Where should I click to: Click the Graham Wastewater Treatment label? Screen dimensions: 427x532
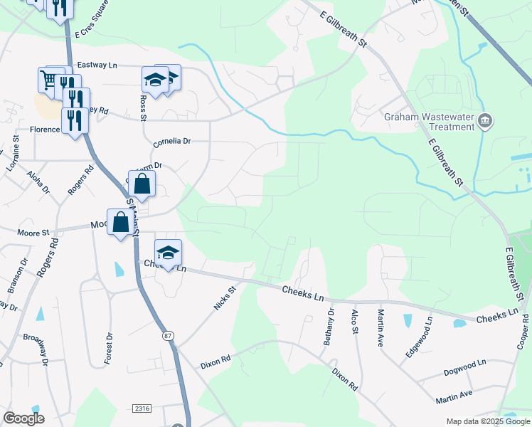click(x=429, y=122)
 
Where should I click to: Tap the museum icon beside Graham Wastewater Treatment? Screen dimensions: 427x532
click(x=486, y=121)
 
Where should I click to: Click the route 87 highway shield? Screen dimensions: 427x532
click(x=168, y=335)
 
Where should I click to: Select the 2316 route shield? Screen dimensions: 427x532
click(x=142, y=408)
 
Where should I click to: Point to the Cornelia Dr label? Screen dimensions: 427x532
click(x=172, y=142)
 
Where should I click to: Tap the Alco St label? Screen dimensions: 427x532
click(x=354, y=321)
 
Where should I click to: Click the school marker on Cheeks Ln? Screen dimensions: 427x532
click(x=168, y=253)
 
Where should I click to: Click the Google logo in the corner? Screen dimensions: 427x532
click(x=24, y=418)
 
